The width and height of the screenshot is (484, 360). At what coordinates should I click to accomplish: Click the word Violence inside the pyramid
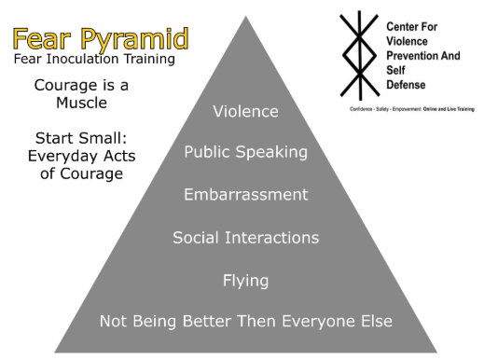coord(245,112)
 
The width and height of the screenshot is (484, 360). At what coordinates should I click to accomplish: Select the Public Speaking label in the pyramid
coord(245,152)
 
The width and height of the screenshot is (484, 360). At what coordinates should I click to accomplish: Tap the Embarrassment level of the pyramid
coord(245,194)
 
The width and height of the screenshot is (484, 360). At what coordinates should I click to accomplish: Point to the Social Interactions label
coord(245,237)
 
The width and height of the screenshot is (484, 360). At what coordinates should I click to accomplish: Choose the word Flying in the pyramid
coord(245,280)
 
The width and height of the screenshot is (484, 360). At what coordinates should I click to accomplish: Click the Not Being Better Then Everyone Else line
coord(245,322)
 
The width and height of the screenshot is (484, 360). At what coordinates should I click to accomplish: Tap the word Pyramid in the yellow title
coord(136,40)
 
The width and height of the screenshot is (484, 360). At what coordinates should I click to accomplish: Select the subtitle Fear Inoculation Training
coord(94,60)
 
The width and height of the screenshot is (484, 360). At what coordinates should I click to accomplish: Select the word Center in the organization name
coord(405,27)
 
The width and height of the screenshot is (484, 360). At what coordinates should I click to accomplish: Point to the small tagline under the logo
coord(411,109)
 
